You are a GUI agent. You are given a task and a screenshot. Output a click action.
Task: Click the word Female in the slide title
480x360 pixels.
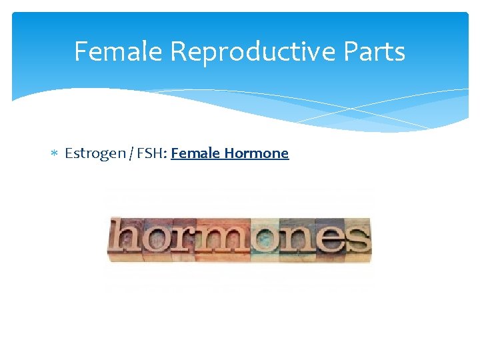(117, 51)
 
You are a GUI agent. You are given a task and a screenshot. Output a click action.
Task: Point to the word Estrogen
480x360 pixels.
(95, 154)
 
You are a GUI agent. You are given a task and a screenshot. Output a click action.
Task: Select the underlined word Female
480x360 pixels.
(195, 154)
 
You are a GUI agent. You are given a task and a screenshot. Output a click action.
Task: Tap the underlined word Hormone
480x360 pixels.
(257, 154)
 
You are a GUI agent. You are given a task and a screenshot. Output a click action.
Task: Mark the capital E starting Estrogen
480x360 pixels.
(69, 154)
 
